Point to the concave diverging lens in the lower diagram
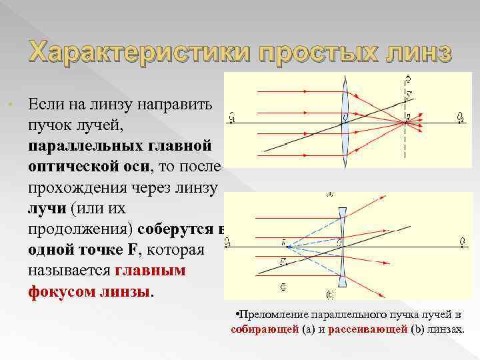(341, 243)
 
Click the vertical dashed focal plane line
(405, 143)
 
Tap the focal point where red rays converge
(405, 122)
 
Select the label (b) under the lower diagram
(331, 293)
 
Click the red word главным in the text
(150, 271)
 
